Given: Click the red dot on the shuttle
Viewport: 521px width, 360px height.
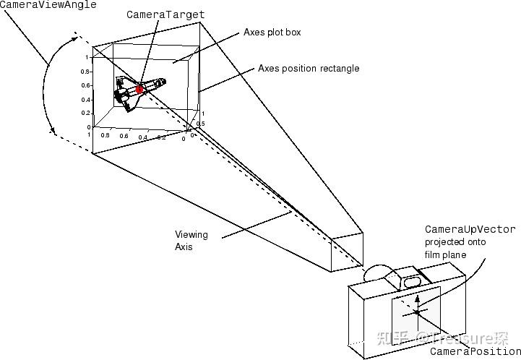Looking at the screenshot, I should click(139, 88).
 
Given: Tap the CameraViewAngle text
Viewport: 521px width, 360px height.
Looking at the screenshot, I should click(48, 4).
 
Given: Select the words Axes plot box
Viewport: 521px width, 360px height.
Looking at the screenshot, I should click(272, 33).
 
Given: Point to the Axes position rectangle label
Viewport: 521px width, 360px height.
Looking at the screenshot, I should click(309, 69).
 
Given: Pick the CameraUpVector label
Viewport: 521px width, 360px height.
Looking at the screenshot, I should click(470, 230).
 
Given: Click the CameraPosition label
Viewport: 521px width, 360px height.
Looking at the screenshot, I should click(475, 352).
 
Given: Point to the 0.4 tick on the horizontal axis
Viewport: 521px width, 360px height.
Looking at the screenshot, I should click(142, 137).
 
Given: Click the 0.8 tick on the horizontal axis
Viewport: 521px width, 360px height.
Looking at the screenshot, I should click(105, 135).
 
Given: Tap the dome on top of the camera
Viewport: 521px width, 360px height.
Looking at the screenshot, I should click(377, 273).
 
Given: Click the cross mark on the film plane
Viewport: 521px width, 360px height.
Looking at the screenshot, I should click(417, 312).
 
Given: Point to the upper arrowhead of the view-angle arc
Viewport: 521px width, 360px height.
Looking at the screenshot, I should click(74, 34).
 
